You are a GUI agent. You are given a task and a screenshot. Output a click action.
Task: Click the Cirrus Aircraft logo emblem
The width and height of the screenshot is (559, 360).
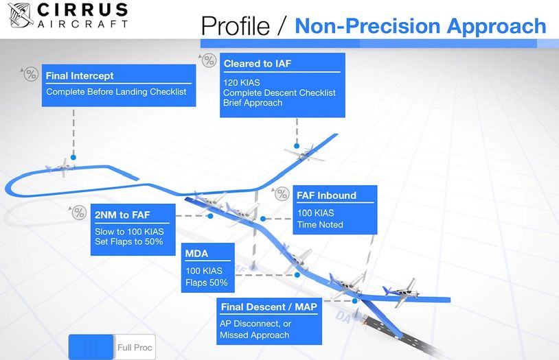21,15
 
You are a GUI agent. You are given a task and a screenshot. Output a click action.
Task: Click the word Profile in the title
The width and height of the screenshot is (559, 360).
236,25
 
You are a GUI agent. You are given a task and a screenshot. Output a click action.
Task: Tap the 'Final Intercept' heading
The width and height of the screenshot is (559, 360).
80,76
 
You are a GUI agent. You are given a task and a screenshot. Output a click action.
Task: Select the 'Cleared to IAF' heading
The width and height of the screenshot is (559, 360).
258,64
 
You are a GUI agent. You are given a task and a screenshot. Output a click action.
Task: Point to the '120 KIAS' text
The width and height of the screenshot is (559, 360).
241,82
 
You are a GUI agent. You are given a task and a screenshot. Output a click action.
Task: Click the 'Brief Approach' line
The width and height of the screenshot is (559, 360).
253,103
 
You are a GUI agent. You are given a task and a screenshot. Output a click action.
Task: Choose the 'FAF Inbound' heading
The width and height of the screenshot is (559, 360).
327,195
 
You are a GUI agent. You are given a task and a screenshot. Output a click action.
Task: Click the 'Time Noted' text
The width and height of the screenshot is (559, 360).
320,225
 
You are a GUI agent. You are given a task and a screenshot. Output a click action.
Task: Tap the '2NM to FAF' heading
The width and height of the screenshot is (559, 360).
122,215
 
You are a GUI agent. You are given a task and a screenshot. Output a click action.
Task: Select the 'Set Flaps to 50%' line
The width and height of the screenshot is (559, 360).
128,242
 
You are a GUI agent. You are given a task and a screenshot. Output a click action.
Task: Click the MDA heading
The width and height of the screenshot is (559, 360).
196,254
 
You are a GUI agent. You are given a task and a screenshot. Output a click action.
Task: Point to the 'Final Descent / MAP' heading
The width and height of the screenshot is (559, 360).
269,307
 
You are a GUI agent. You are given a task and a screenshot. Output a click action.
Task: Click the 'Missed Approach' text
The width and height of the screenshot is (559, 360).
255,335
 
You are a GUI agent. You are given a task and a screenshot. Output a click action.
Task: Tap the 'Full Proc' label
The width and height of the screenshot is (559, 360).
135,348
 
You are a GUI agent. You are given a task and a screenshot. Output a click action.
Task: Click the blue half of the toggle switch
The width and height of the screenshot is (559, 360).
91,347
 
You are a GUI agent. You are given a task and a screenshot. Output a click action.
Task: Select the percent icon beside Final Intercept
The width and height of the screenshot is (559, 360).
31,74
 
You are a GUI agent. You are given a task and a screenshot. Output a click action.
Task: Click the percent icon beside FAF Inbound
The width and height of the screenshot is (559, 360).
282,194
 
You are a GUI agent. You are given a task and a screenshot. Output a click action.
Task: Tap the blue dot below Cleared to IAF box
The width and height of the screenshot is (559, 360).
297,146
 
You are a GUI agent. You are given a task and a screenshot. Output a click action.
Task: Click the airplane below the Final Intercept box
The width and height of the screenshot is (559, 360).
61,167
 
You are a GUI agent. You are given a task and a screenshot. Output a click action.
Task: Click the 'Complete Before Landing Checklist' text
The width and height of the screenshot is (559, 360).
116,92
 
